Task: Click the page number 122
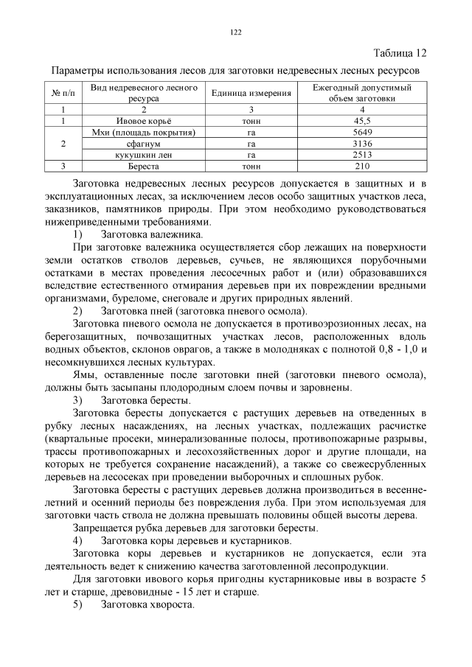click(x=236, y=32)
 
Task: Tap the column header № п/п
click(x=63, y=93)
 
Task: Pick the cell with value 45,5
click(x=362, y=119)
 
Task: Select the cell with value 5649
click(x=362, y=131)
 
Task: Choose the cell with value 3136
click(x=362, y=143)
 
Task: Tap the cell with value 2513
click(x=362, y=155)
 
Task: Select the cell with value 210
click(x=362, y=167)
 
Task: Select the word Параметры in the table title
click(x=77, y=71)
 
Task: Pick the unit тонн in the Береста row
click(x=251, y=167)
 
